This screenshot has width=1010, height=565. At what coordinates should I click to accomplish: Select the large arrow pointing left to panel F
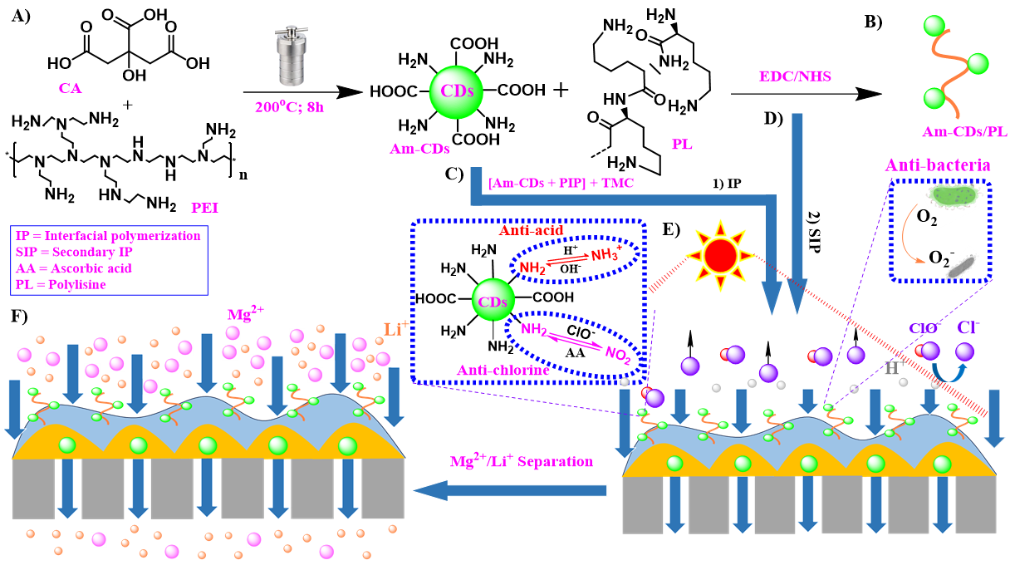(515, 492)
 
